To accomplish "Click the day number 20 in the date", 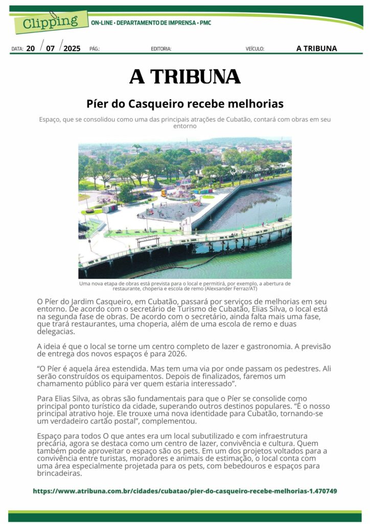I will tap(31, 49).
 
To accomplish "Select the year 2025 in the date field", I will tap(72, 49).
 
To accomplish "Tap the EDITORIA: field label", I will tap(161, 49).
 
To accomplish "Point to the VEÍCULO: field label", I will tap(255, 49).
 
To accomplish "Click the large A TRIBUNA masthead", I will tap(185, 77).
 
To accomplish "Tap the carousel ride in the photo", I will tap(180, 190).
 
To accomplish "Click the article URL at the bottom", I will tap(185, 491).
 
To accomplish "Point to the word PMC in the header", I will tap(205, 23).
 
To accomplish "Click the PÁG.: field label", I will tap(95, 49).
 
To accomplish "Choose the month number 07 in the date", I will tap(50, 49).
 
